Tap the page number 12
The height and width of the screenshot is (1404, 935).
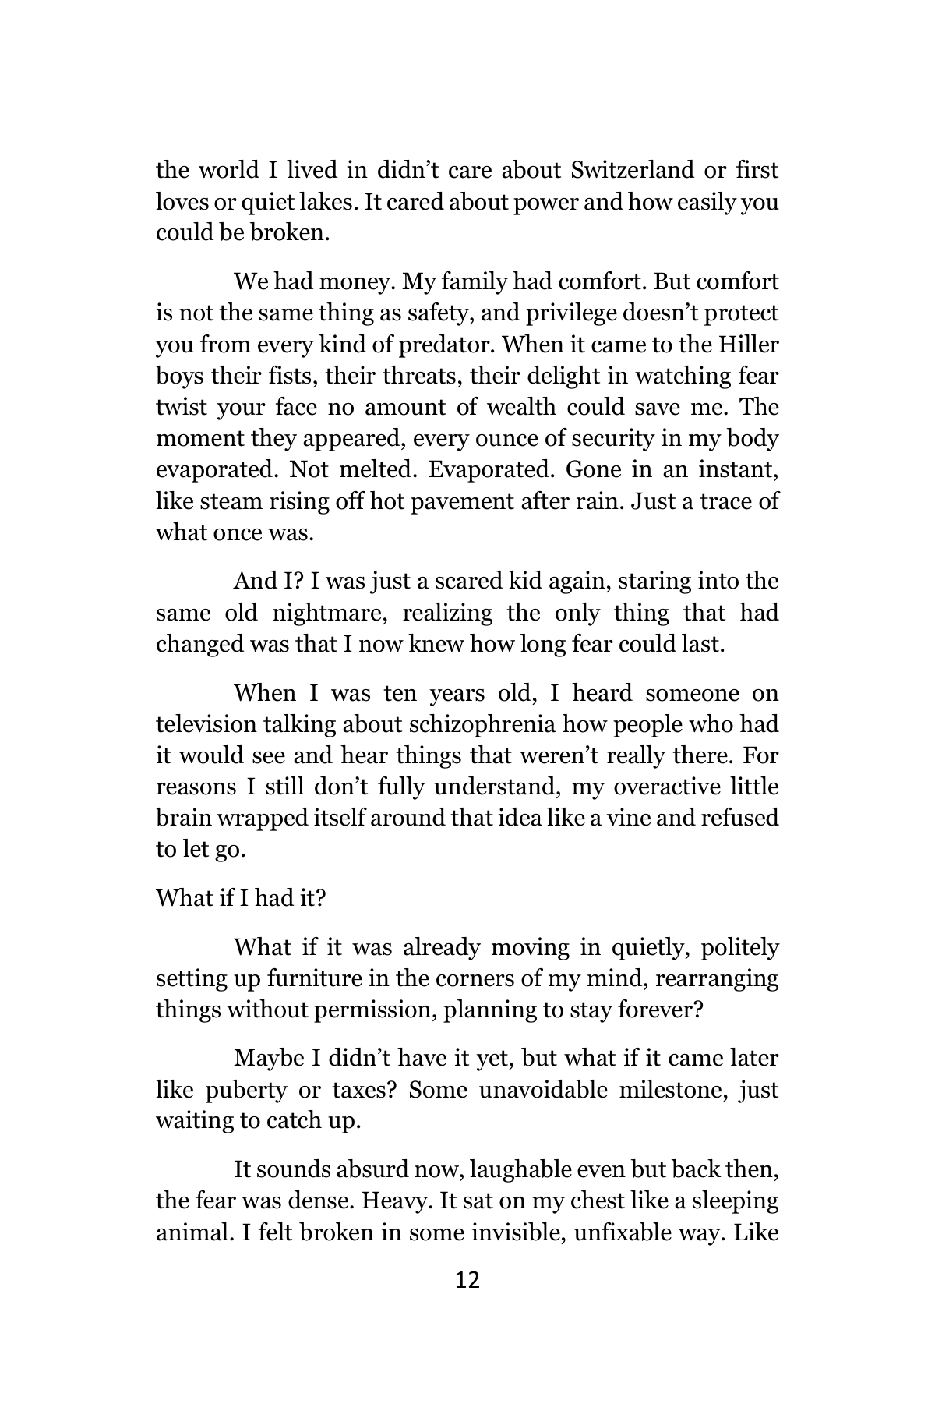467,1280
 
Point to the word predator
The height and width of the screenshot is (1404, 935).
439,345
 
